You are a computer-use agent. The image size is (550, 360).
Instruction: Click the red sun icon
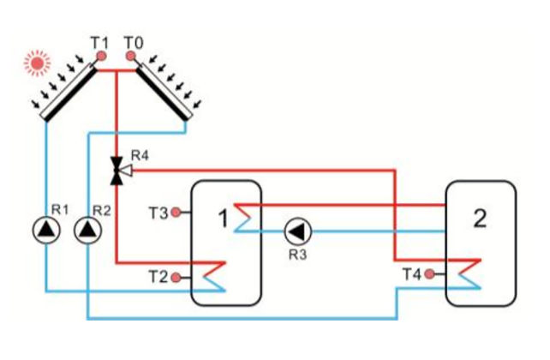(x=37, y=62)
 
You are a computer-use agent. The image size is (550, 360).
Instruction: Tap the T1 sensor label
(x=99, y=40)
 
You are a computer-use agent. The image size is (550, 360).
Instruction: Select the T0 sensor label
(x=132, y=40)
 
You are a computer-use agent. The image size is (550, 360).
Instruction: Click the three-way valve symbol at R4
(x=116, y=171)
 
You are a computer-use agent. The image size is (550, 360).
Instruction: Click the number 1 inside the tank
(x=221, y=219)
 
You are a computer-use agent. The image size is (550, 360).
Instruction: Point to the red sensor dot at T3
(x=176, y=211)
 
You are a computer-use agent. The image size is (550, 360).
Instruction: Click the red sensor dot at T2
(x=176, y=277)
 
